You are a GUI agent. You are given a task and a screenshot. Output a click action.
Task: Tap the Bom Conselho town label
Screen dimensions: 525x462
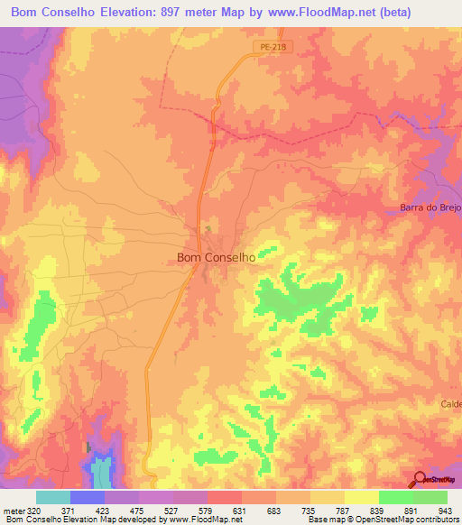(216, 257)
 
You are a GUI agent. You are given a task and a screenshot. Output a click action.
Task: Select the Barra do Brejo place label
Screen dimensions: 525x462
(430, 208)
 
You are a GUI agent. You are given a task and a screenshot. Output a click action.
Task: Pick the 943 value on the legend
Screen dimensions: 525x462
(447, 510)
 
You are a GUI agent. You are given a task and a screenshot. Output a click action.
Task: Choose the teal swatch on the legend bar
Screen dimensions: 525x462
(53, 497)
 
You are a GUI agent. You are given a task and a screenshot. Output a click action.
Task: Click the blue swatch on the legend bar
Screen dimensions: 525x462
(88, 497)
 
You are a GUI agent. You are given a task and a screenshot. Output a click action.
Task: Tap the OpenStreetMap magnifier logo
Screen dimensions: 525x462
(420, 479)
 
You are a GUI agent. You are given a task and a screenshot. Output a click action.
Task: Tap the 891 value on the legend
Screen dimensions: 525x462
(412, 510)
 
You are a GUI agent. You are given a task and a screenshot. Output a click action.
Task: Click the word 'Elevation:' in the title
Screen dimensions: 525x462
(142, 12)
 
